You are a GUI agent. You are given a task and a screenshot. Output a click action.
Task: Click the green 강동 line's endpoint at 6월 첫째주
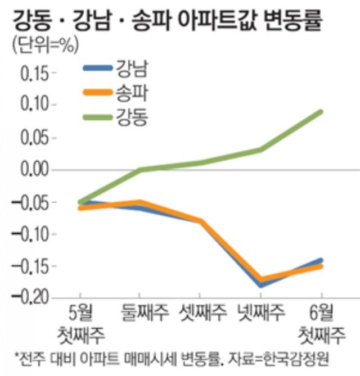(321, 111)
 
